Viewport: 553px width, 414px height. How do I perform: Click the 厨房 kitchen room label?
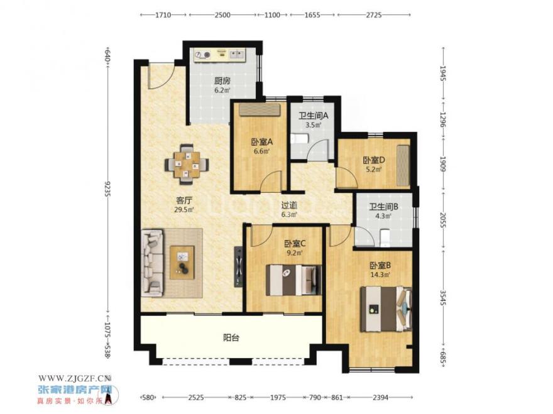[222, 81]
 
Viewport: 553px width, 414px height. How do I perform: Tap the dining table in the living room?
[187, 165]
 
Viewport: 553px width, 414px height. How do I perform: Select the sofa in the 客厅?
[153, 263]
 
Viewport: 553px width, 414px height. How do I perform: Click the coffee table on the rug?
[182, 263]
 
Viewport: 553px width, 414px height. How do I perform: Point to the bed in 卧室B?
[386, 309]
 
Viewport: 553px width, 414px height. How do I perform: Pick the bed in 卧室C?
[294, 280]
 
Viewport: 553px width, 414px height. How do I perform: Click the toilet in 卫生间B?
[385, 237]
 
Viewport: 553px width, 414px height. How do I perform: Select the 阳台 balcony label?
[231, 337]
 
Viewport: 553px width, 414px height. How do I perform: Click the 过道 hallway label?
[289, 205]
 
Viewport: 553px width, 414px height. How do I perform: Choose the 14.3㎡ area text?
[380, 274]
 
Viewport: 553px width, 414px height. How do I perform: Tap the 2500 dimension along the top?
[222, 15]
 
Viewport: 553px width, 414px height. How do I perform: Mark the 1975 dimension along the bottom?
[278, 398]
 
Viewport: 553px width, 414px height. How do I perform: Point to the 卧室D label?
[374, 160]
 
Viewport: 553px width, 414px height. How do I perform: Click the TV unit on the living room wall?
[239, 266]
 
